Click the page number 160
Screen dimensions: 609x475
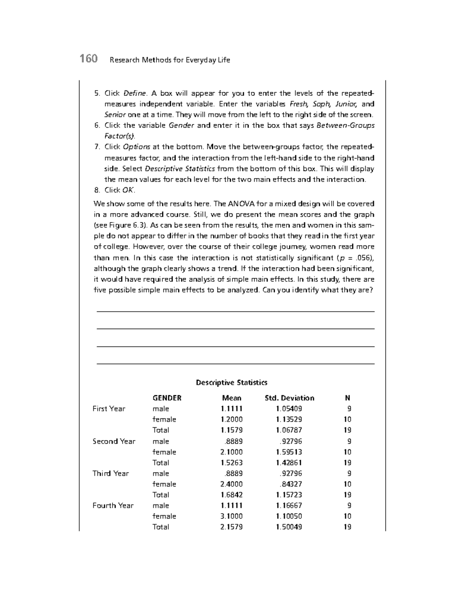click(x=88, y=59)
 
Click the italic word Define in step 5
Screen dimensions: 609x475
click(x=135, y=93)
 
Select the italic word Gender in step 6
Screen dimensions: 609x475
click(x=181, y=126)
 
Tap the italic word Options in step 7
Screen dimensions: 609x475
click(x=136, y=147)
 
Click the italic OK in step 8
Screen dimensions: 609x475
click(x=128, y=190)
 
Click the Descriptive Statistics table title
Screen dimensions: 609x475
click(x=232, y=383)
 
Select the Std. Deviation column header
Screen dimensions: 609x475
click(x=289, y=398)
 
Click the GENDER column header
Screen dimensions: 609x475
click(x=167, y=398)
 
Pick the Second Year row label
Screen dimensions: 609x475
click(x=114, y=441)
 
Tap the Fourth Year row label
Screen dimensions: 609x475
click(x=113, y=505)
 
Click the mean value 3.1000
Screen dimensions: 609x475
click(x=232, y=516)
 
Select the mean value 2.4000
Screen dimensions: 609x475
click(x=232, y=484)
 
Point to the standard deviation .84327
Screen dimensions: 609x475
click(x=291, y=484)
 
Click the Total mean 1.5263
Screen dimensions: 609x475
click(x=232, y=462)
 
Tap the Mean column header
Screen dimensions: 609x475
click(x=232, y=398)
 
